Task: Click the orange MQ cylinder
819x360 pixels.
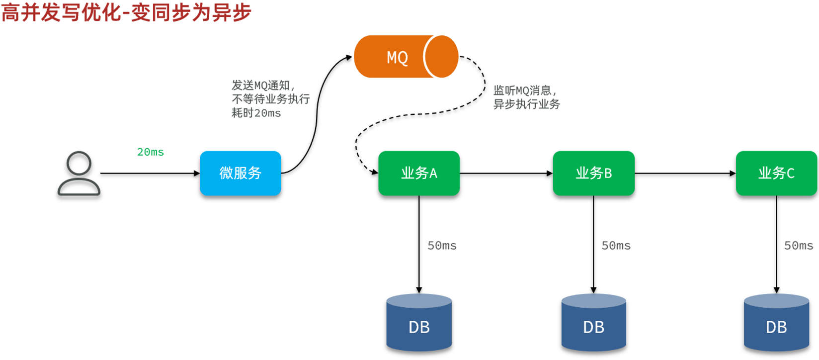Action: [x=406, y=56]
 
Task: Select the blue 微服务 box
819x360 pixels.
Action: [x=241, y=173]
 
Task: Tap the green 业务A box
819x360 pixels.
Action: [x=419, y=173]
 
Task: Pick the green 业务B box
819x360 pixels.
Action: [x=594, y=173]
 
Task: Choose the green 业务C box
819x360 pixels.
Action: [x=777, y=173]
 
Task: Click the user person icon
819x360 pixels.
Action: [x=79, y=174]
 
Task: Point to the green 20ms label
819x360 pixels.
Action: [x=151, y=152]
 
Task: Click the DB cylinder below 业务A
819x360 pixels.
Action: [x=419, y=322]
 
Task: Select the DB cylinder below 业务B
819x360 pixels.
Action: [x=594, y=322]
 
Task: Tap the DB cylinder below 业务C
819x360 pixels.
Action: [x=777, y=322]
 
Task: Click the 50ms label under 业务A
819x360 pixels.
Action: [x=442, y=246]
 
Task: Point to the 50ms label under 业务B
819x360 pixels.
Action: [x=616, y=246]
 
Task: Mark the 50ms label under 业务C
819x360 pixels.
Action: [x=799, y=246]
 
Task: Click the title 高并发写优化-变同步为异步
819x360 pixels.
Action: [x=127, y=12]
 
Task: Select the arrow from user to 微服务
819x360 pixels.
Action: [x=150, y=174]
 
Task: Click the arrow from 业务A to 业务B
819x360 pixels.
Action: [x=506, y=174]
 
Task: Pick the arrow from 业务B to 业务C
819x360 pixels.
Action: [x=685, y=174]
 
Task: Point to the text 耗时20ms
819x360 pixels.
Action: [x=256, y=113]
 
